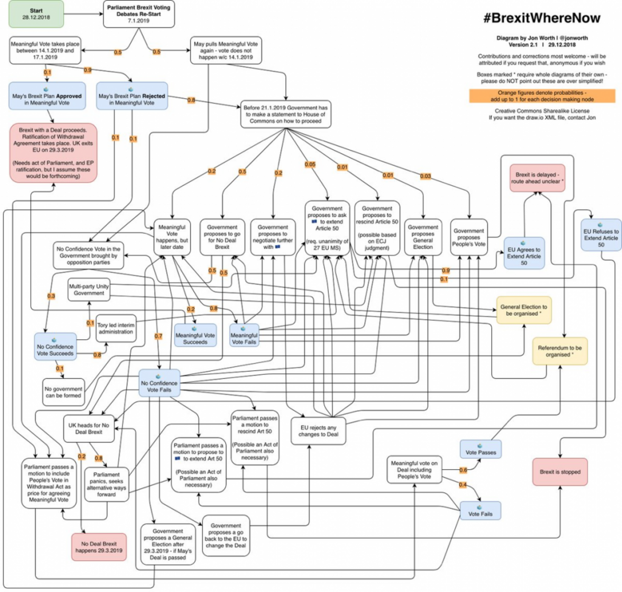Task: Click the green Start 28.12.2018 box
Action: point(36,14)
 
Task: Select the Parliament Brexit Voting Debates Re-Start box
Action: point(139,14)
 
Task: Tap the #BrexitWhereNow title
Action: point(541,18)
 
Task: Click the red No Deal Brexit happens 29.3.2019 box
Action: point(99,547)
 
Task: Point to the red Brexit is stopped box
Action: point(560,472)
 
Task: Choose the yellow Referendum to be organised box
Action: point(560,351)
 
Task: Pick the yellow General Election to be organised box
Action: point(524,310)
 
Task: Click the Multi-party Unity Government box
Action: point(89,290)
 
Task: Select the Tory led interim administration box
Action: point(116,328)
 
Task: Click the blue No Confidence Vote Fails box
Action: point(159,383)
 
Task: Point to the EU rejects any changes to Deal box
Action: point(318,431)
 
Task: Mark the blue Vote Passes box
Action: point(480,449)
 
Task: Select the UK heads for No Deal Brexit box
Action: point(89,428)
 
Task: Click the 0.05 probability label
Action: point(310,164)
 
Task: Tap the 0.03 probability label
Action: point(425,176)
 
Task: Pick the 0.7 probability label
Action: point(158,336)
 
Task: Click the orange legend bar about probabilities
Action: point(542,96)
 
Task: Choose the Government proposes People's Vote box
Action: point(468,237)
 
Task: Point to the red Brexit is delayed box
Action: point(537,178)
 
